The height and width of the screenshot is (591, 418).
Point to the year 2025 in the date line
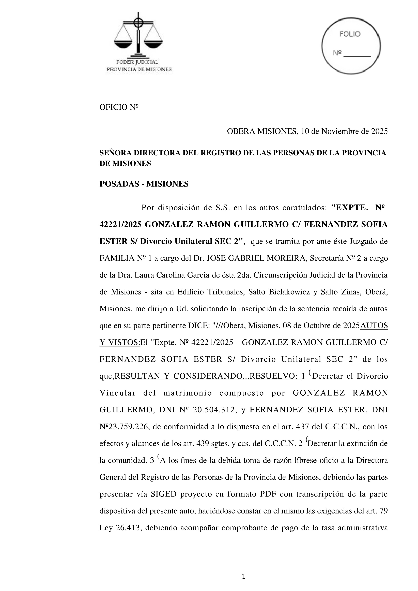click(x=379, y=132)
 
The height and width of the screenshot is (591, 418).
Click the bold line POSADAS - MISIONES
click(x=144, y=184)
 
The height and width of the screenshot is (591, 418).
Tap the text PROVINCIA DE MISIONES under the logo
click(x=139, y=70)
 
